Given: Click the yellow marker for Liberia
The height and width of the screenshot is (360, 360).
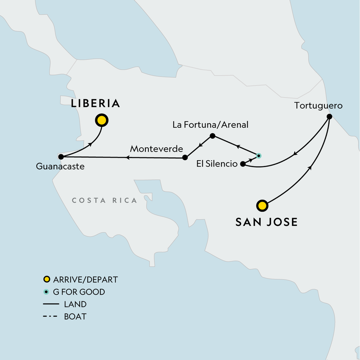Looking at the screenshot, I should coord(102,120).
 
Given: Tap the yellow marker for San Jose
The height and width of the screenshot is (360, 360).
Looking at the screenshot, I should coord(262,206).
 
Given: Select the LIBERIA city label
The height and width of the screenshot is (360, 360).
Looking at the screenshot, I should coord(95,103).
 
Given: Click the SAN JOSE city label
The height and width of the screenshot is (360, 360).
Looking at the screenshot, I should coord(266,222).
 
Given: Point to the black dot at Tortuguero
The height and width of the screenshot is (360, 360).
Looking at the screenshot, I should coord(329,117).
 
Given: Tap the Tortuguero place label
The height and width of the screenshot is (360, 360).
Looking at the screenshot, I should coord(318,106).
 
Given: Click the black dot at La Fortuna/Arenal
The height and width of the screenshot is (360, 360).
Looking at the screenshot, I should coord(213,135).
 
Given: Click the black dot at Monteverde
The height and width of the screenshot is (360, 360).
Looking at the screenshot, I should coord(185,157).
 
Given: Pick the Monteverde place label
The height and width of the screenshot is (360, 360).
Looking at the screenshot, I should coord(157,148).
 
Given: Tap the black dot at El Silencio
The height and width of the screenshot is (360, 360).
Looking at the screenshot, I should coord(243,164).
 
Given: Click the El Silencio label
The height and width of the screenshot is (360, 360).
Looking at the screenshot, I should coord(216,164).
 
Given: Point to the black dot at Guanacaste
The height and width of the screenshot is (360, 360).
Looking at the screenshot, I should coord(60,157).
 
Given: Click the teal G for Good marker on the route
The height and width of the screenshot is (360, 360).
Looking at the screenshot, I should coord(258,156).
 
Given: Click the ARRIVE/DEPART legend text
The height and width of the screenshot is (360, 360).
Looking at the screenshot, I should coord(85,280).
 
